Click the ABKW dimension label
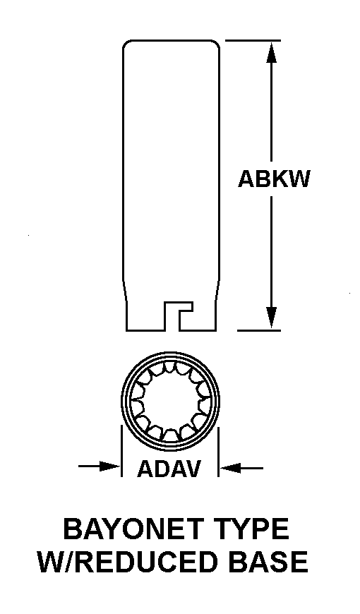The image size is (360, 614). click(x=274, y=179)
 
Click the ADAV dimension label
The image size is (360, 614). click(x=169, y=469)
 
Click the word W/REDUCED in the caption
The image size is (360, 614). click(x=128, y=562)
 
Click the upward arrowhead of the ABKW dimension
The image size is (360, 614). click(x=272, y=52)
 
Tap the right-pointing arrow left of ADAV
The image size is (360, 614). click(x=99, y=466)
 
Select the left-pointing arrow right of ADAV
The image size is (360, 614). click(x=241, y=467)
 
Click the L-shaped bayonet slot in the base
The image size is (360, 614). click(x=179, y=315)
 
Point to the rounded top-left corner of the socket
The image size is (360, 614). click(x=128, y=44)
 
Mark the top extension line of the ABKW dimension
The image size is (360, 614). click(x=253, y=40)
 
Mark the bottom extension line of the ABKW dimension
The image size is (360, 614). click(x=259, y=330)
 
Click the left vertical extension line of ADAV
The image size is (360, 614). click(x=121, y=452)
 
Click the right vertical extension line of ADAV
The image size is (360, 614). click(x=218, y=452)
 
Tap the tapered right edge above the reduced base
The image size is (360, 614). click(x=217, y=287)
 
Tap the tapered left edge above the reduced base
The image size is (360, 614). click(x=124, y=287)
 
